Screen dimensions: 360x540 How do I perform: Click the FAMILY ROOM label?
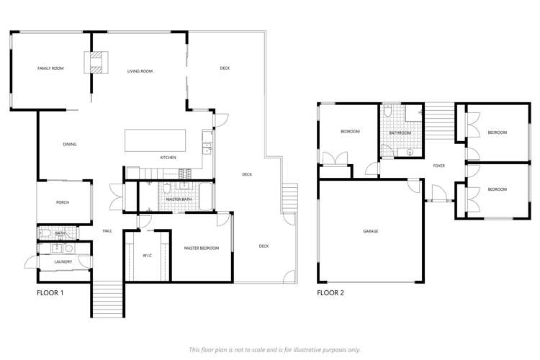(50, 68)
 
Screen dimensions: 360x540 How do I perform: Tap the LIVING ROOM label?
(140, 71)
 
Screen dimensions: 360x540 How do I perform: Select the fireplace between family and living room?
(96, 63)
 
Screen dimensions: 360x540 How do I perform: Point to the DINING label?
(69, 145)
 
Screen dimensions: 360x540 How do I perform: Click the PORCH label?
(63, 202)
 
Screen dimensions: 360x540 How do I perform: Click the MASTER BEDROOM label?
(201, 248)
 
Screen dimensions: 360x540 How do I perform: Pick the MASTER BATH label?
(177, 199)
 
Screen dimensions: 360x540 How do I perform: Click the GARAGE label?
(371, 231)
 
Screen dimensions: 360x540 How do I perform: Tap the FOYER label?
(438, 166)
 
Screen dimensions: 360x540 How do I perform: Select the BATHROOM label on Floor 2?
(400, 132)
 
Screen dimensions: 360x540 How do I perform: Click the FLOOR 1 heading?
(50, 294)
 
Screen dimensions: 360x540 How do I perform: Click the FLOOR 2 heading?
(331, 294)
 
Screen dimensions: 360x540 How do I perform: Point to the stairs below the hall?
(109, 298)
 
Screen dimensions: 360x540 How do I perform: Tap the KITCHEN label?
(168, 158)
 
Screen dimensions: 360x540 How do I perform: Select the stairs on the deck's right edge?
(289, 195)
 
